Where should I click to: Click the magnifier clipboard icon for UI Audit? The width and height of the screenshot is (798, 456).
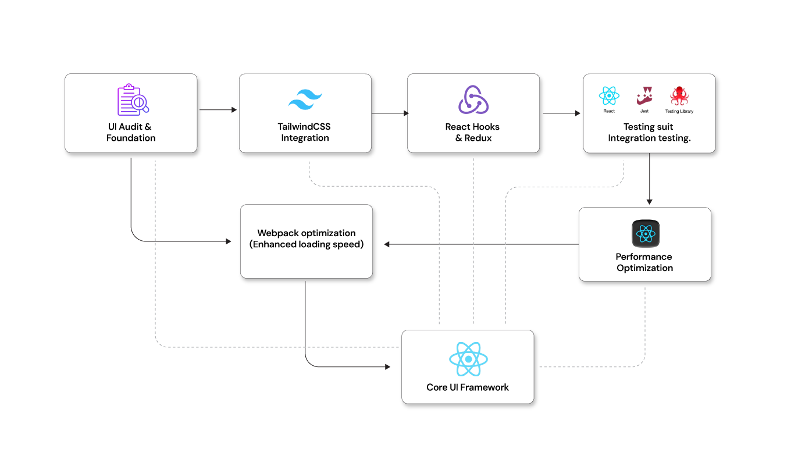(133, 100)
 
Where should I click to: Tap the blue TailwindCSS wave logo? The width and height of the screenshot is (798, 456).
(305, 100)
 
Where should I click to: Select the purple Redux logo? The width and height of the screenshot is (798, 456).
(473, 100)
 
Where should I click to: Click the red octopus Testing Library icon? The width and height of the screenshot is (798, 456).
(679, 96)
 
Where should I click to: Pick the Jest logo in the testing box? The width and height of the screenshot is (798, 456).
(644, 95)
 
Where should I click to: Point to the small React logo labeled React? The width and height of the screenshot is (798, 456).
(609, 96)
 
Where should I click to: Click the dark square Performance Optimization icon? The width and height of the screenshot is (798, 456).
(646, 234)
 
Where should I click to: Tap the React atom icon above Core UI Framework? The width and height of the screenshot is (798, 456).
(468, 359)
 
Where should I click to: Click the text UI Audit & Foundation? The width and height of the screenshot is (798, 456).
(131, 132)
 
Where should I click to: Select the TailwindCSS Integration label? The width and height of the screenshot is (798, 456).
(305, 132)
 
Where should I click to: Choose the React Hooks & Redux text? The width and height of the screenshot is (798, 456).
(473, 132)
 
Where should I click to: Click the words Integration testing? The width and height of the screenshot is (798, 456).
(649, 138)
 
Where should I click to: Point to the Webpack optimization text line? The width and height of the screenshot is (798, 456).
(307, 233)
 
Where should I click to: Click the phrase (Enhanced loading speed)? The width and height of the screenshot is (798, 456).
(307, 244)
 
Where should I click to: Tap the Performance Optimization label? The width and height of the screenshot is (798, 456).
(644, 262)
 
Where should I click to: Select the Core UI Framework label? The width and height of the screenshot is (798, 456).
(468, 387)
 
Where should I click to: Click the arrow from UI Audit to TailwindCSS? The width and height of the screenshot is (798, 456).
(218, 110)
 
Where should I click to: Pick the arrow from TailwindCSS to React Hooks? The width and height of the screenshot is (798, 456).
(390, 113)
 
